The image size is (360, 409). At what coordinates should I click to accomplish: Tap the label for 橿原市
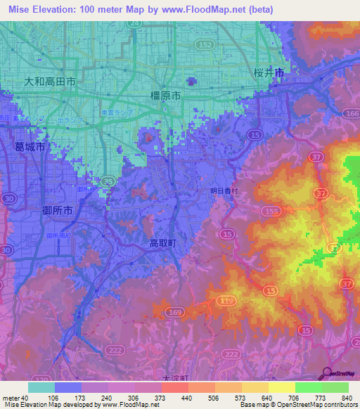tap(166, 95)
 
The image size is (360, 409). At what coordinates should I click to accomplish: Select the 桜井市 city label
tap(269, 72)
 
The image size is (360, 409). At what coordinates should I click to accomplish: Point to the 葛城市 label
tap(30, 147)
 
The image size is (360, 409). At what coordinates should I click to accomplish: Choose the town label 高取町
tap(165, 242)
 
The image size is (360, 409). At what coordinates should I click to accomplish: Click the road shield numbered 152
tap(206, 44)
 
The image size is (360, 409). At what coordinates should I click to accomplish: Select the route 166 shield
tap(352, 113)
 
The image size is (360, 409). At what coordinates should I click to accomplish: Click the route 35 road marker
tap(108, 181)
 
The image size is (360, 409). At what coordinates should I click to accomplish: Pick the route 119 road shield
tap(226, 301)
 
